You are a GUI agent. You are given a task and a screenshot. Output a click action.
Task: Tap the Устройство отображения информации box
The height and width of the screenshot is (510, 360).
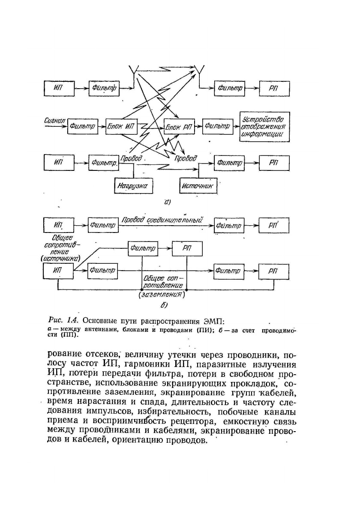tap(264, 126)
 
